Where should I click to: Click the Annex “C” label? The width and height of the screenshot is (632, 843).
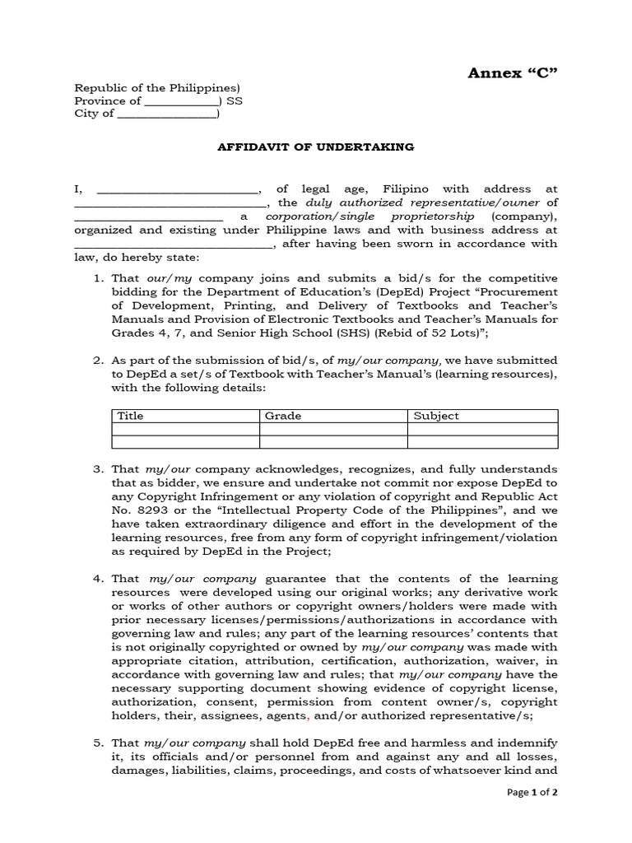tap(513, 73)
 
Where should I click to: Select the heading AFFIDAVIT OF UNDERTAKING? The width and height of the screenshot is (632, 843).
tap(315, 147)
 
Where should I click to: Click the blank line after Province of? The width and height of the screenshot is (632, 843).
tap(181, 102)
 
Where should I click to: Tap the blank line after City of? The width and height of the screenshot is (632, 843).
tap(166, 115)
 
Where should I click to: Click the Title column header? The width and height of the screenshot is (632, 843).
tap(131, 416)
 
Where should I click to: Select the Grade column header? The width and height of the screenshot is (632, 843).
tap(283, 416)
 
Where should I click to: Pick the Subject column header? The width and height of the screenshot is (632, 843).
tap(436, 416)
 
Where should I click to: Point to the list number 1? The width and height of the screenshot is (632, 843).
tap(97, 278)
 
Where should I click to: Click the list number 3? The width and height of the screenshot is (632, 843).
tap(97, 469)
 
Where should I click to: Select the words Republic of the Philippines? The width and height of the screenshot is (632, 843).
tap(156, 88)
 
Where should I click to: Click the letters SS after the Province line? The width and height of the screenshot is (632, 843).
tap(235, 101)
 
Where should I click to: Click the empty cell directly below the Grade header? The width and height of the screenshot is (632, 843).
tap(333, 429)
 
